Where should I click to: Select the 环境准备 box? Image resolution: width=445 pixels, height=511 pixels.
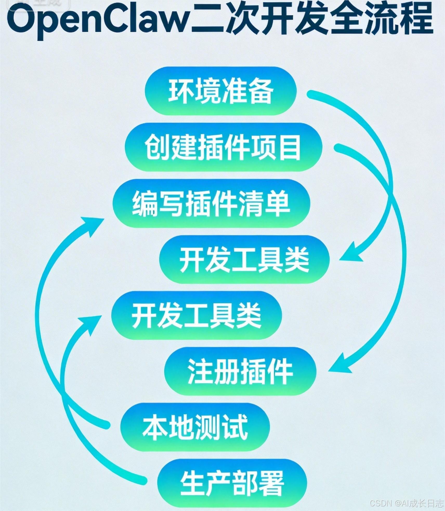[220, 91]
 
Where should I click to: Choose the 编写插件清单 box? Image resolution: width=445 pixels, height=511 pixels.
[211, 204]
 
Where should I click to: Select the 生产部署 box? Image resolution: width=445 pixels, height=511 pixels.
[232, 483]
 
